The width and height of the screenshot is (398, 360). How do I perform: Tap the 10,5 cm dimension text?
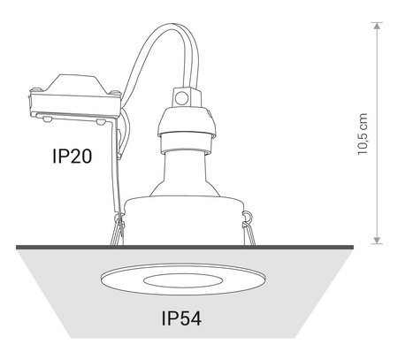pyautogui.click(x=364, y=134)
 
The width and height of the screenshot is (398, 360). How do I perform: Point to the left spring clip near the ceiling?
pyautogui.click(x=116, y=232)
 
